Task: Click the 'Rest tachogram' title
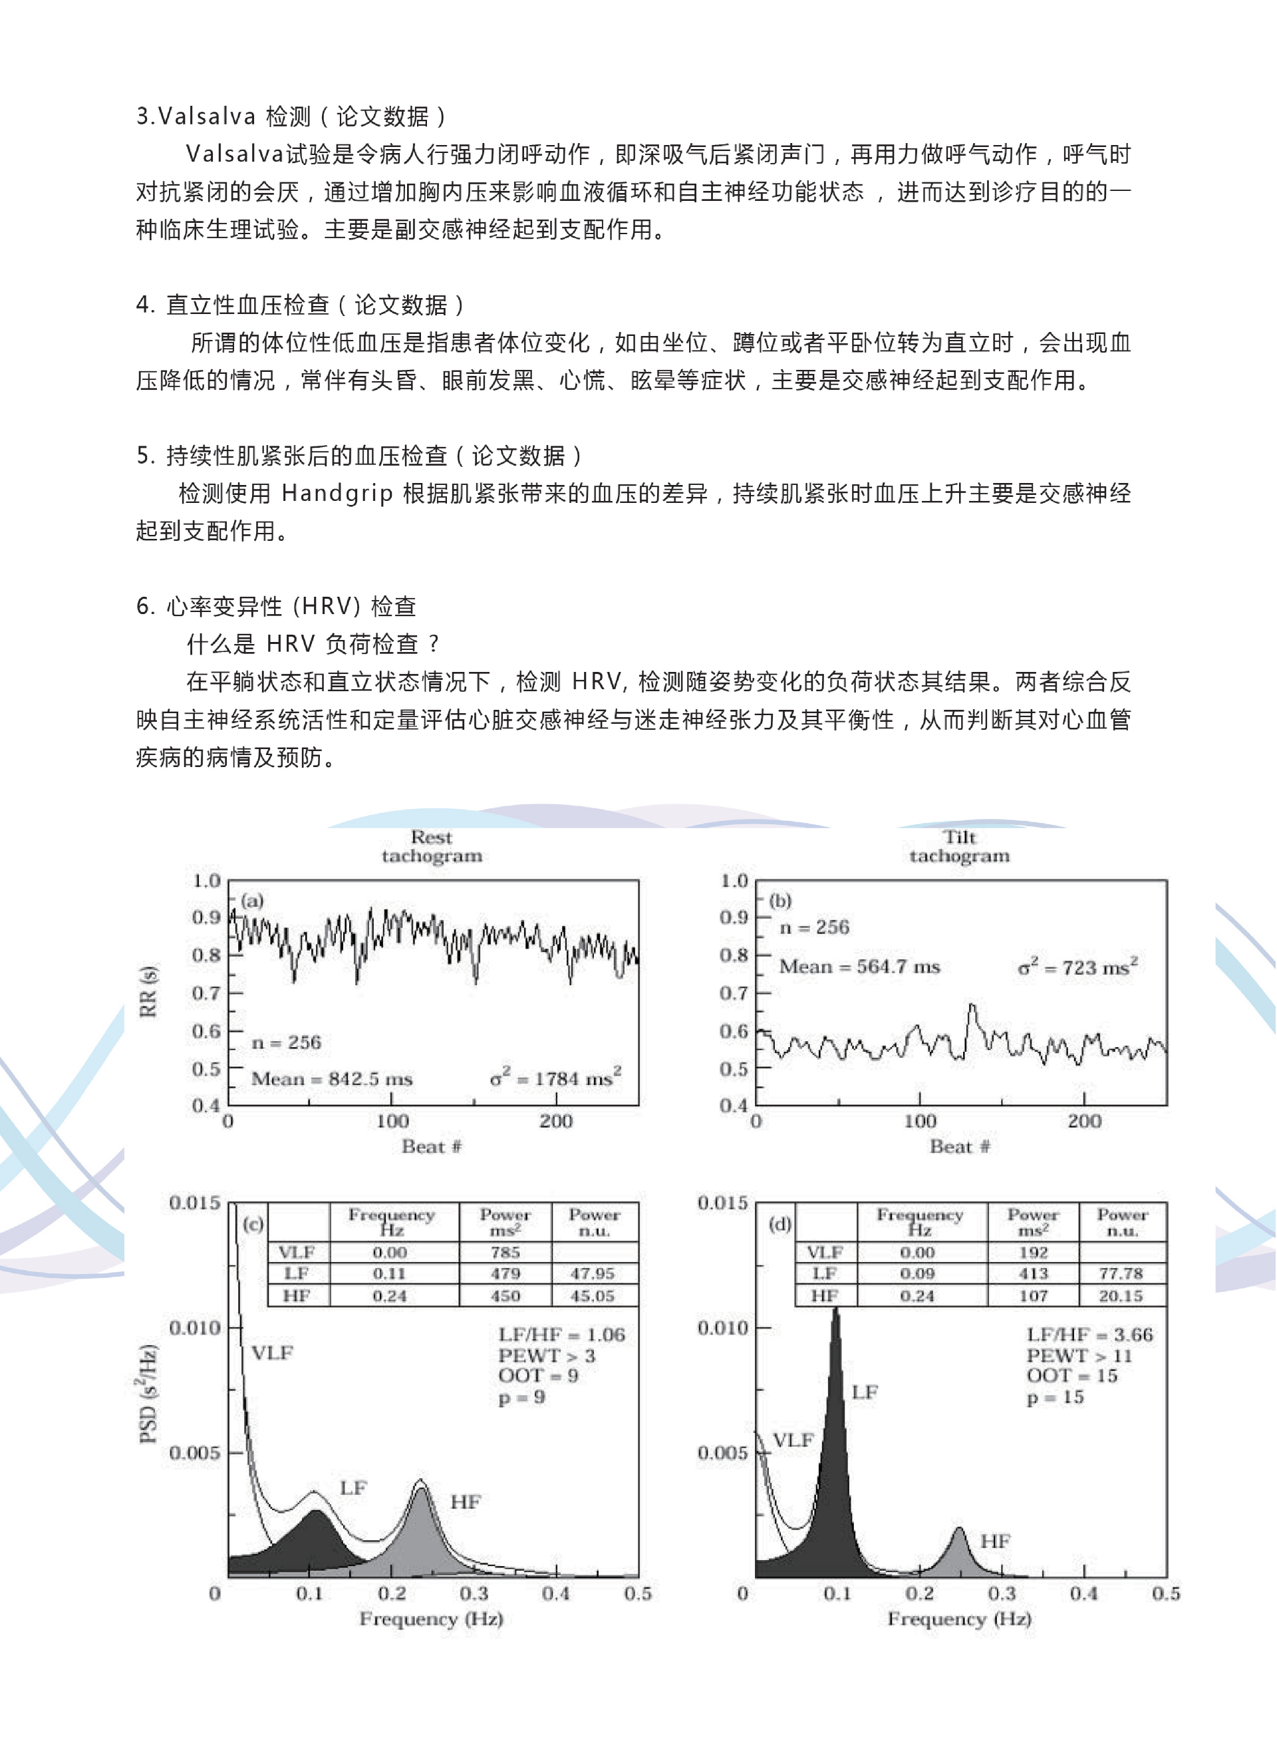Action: click(x=432, y=847)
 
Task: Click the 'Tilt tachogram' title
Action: click(x=959, y=847)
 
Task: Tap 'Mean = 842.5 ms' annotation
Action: click(x=332, y=1078)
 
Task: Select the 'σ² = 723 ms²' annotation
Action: click(x=1077, y=967)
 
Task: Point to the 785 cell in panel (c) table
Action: click(x=505, y=1252)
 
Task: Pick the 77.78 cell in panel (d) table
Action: click(x=1121, y=1273)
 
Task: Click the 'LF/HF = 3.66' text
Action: click(x=1089, y=1335)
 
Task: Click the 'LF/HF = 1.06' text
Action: click(x=561, y=1335)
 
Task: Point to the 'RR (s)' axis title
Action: click(x=148, y=992)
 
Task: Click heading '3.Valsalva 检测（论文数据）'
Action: click(x=291, y=116)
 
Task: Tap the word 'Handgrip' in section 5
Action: click(x=337, y=493)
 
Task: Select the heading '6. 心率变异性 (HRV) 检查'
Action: click(x=276, y=606)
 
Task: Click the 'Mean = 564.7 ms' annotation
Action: click(x=859, y=967)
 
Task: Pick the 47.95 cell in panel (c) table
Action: click(x=592, y=1273)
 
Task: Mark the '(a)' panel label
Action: click(x=252, y=900)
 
